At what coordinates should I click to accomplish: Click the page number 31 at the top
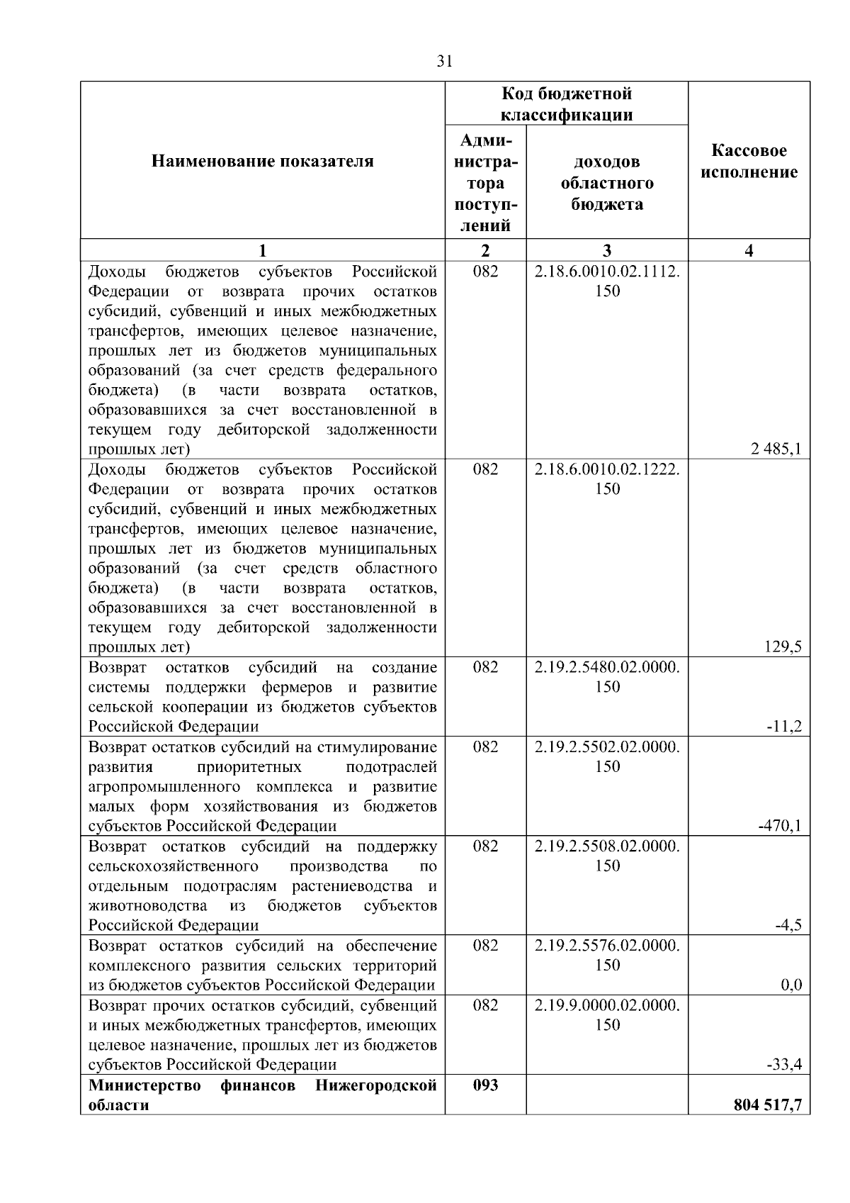point(444,61)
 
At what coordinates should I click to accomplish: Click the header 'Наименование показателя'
point(262,162)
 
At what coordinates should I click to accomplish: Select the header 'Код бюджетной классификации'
point(567,104)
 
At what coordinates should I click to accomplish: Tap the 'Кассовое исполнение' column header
point(749,162)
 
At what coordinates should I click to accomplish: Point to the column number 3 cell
point(607,250)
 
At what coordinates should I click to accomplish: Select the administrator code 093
point(485,1085)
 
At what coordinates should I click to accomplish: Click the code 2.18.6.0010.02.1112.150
point(607,281)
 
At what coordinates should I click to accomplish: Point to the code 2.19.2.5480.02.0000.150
point(607,676)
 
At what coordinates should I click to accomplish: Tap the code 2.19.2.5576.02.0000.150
point(607,955)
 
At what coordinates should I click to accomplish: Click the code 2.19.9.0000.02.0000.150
point(607,1014)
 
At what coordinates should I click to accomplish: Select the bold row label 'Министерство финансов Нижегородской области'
point(262,1095)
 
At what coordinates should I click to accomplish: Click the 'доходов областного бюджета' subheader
point(607,183)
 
